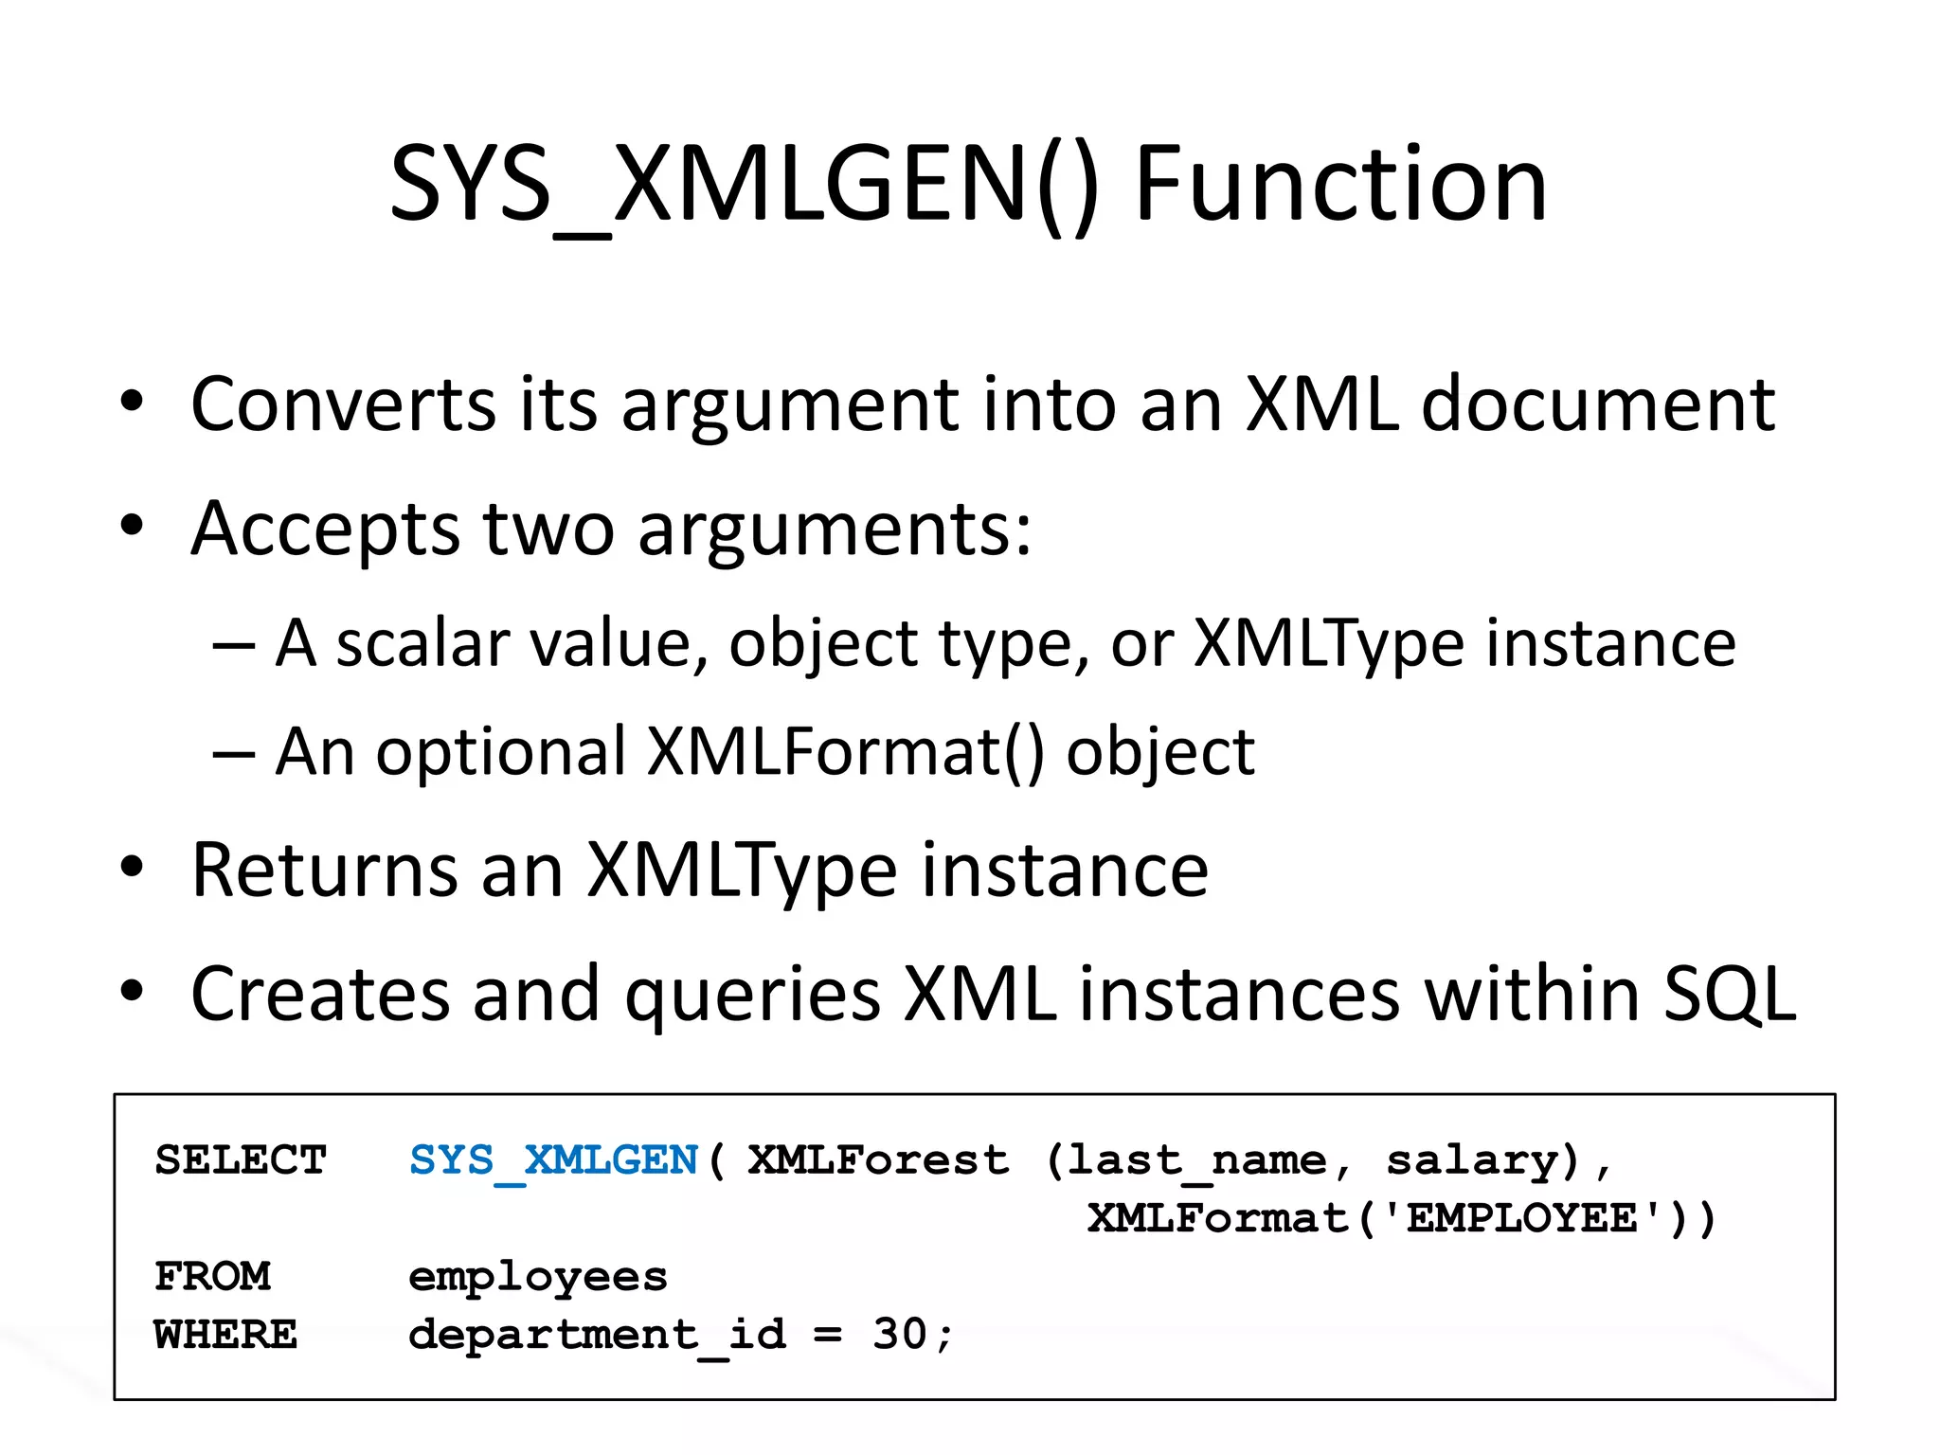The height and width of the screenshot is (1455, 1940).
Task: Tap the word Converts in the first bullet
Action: click(x=343, y=404)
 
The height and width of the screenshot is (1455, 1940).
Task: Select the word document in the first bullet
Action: click(x=1598, y=404)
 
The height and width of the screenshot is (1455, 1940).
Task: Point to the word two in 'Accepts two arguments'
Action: click(x=548, y=529)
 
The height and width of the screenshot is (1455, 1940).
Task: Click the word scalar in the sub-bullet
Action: click(x=422, y=643)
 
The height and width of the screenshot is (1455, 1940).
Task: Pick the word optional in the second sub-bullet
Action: click(x=501, y=752)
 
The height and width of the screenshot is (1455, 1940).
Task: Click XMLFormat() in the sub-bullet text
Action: click(x=846, y=752)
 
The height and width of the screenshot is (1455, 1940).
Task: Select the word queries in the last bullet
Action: click(x=753, y=995)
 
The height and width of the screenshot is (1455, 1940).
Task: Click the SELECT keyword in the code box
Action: click(x=241, y=1160)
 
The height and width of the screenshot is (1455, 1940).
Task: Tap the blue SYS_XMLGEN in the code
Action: click(x=553, y=1161)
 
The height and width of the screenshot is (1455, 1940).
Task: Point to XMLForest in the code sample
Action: click(x=878, y=1160)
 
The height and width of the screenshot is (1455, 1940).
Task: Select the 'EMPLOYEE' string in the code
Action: click(x=1522, y=1218)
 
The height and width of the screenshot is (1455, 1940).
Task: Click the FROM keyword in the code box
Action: click(x=212, y=1277)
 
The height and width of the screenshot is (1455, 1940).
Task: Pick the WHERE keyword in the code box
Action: click(x=225, y=1335)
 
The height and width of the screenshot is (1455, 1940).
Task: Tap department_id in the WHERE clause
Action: click(x=597, y=1336)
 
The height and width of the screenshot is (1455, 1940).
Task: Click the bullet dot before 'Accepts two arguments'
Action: click(x=132, y=526)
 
